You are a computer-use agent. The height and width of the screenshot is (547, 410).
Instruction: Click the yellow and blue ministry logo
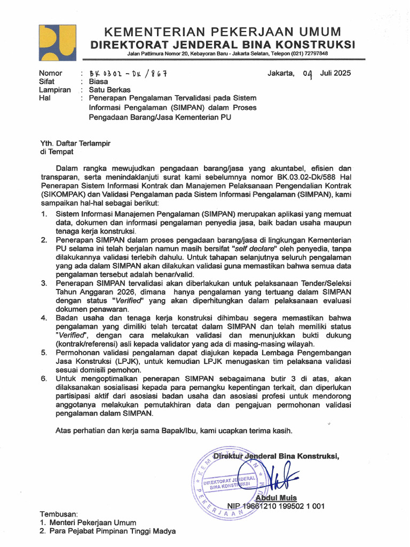click(58, 43)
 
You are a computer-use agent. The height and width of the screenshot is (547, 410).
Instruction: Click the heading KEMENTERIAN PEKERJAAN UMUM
click(222, 31)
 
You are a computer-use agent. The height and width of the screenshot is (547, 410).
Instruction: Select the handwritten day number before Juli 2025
click(307, 74)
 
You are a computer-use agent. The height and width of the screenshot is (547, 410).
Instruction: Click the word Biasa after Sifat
click(99, 82)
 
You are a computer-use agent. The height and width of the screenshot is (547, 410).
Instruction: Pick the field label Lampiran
click(55, 90)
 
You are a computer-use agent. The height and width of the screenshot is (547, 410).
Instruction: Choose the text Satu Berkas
click(110, 90)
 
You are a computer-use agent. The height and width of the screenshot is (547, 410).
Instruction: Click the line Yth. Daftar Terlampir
click(76, 143)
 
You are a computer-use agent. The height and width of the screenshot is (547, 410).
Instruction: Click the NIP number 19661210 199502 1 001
click(283, 506)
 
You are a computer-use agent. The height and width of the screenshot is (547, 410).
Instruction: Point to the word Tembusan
click(59, 514)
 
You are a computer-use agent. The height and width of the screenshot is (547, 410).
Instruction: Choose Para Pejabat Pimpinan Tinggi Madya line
click(112, 531)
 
